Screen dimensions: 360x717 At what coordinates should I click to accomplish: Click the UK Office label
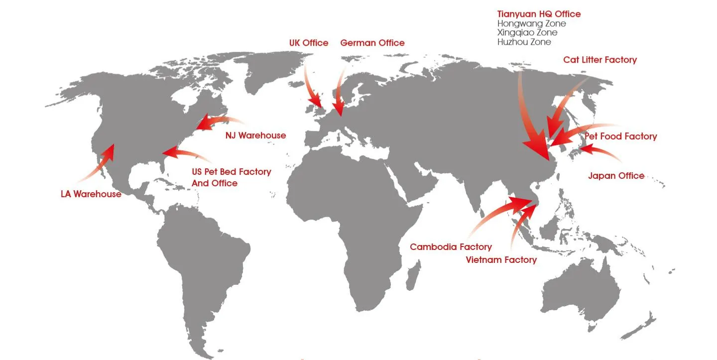309,43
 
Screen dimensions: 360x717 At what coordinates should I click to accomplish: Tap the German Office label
372,43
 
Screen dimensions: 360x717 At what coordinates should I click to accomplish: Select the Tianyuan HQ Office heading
539,14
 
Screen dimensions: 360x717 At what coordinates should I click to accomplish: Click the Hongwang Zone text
531,23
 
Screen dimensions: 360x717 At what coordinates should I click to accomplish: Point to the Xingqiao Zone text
527,33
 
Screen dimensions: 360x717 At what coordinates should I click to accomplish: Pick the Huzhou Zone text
524,42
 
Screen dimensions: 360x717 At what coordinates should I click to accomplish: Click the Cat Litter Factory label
600,60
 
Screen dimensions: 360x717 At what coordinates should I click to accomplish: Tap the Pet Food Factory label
620,136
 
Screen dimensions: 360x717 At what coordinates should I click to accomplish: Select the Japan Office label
616,176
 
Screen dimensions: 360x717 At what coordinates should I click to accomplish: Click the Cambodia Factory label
451,247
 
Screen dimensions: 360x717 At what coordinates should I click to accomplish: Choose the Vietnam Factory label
501,260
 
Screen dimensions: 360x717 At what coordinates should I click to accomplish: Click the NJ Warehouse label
255,135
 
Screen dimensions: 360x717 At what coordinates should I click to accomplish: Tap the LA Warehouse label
91,194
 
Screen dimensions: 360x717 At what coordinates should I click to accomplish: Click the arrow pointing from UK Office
312,90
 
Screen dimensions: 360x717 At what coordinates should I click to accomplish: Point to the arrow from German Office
339,95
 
